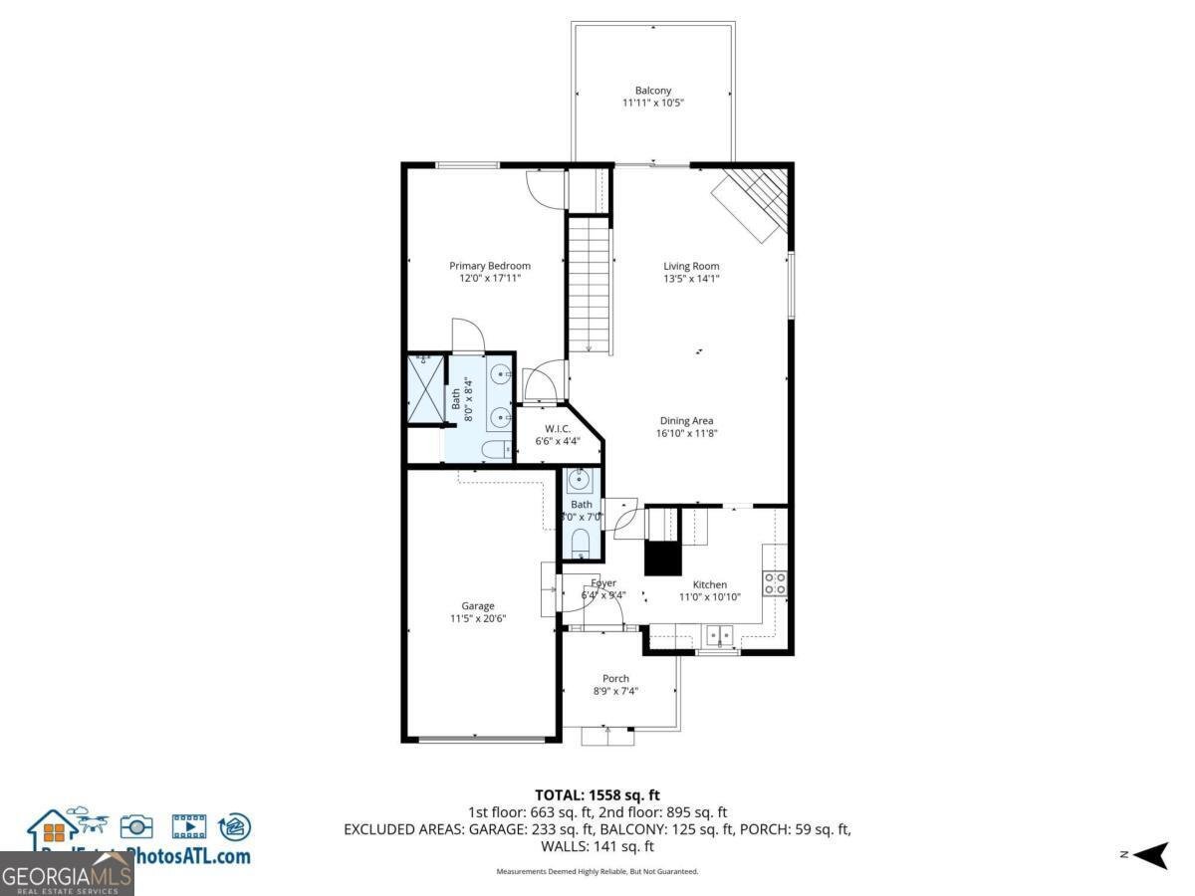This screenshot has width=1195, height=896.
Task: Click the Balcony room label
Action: point(652,90)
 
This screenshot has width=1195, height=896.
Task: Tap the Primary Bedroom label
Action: point(489,266)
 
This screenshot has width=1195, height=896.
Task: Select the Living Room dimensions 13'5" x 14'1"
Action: point(691,280)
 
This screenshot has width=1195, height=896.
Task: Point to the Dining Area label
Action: point(686,420)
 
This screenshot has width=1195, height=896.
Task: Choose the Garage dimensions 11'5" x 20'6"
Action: point(477,619)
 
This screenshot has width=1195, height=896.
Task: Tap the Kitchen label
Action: point(709,584)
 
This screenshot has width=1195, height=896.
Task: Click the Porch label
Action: point(615,678)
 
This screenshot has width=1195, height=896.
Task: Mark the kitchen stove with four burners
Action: point(775,583)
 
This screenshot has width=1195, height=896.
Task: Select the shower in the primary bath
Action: point(425,388)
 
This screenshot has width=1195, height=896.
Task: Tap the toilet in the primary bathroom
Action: point(495,451)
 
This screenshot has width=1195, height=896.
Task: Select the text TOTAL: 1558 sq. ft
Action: point(597,794)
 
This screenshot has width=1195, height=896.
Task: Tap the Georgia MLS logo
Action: point(67,875)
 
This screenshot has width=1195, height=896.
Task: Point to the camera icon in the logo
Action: point(136,826)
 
